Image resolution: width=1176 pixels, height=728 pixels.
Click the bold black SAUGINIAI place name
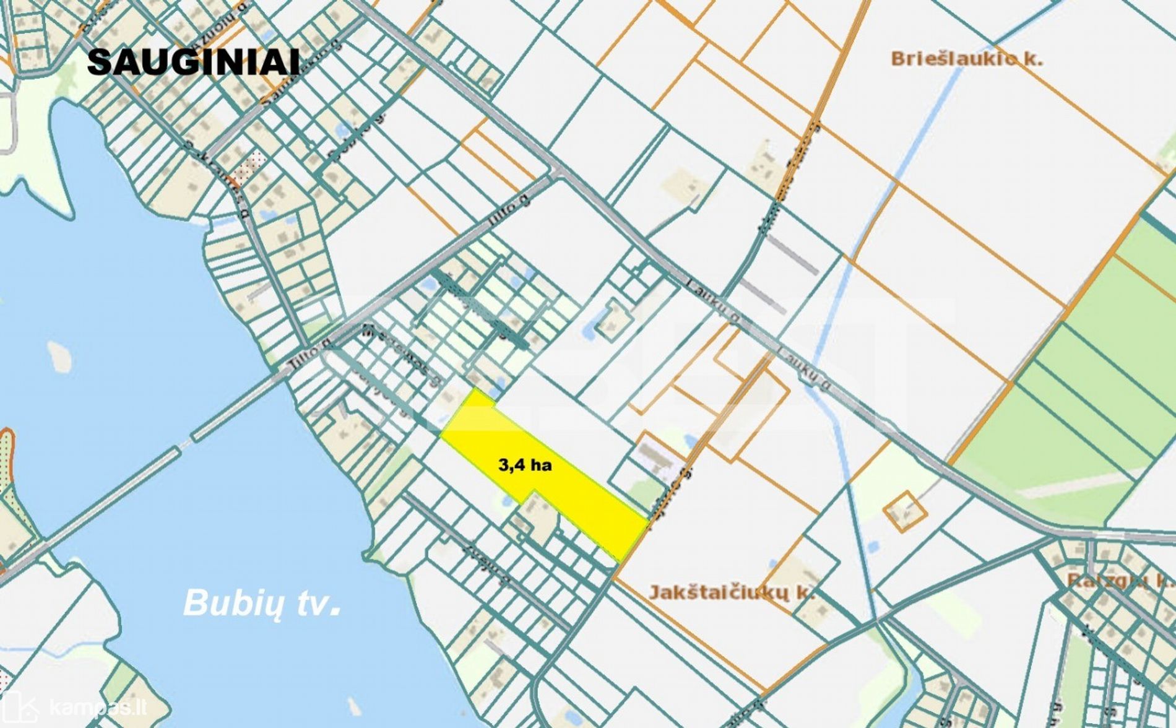(193, 63)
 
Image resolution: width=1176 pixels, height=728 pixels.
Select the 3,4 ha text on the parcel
(525, 465)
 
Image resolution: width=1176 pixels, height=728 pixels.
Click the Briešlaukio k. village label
(966, 59)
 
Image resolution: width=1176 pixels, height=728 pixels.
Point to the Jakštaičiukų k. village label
(731, 592)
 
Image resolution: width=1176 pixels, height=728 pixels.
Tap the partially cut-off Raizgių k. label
(1120, 581)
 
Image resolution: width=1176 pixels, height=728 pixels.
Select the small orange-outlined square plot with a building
(904, 512)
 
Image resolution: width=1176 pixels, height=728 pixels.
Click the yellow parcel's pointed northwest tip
(474, 391)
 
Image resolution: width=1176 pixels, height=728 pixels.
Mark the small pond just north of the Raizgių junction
(873, 547)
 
